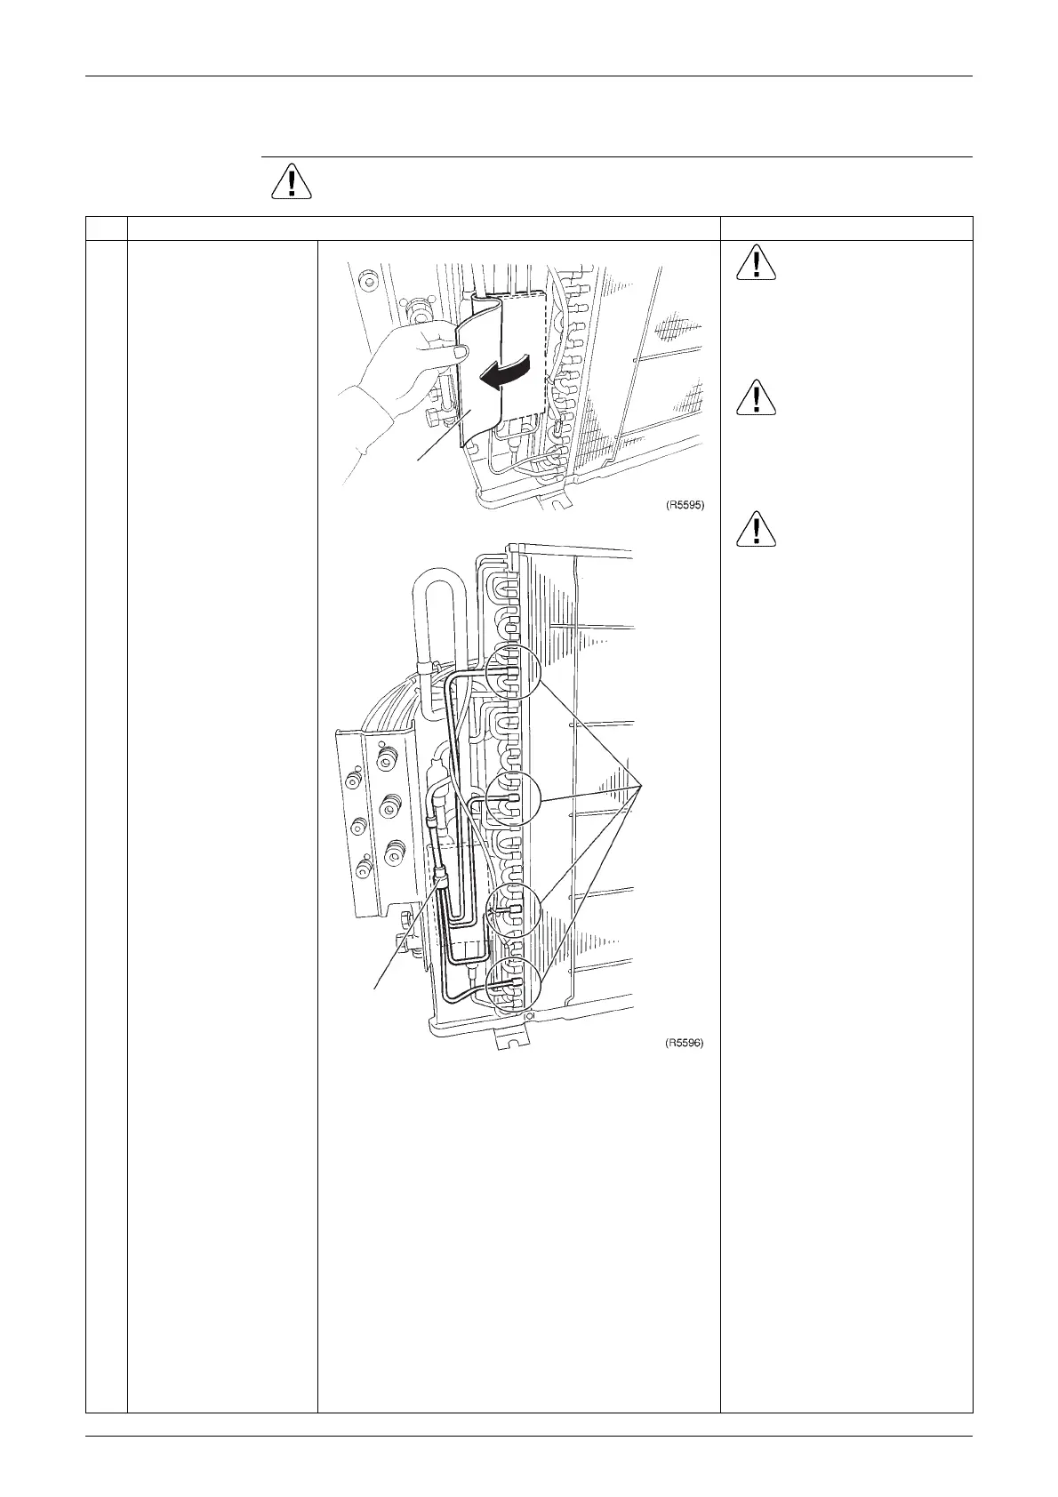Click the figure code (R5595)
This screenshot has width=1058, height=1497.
coord(685,505)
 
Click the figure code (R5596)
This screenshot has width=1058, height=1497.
coord(685,1044)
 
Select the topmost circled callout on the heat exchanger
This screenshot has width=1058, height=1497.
coord(513,670)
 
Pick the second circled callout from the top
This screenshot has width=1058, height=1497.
coord(513,797)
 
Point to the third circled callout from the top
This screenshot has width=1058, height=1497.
coord(513,911)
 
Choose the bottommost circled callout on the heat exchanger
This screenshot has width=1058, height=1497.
coord(513,982)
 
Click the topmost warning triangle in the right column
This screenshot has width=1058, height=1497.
coord(755,263)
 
